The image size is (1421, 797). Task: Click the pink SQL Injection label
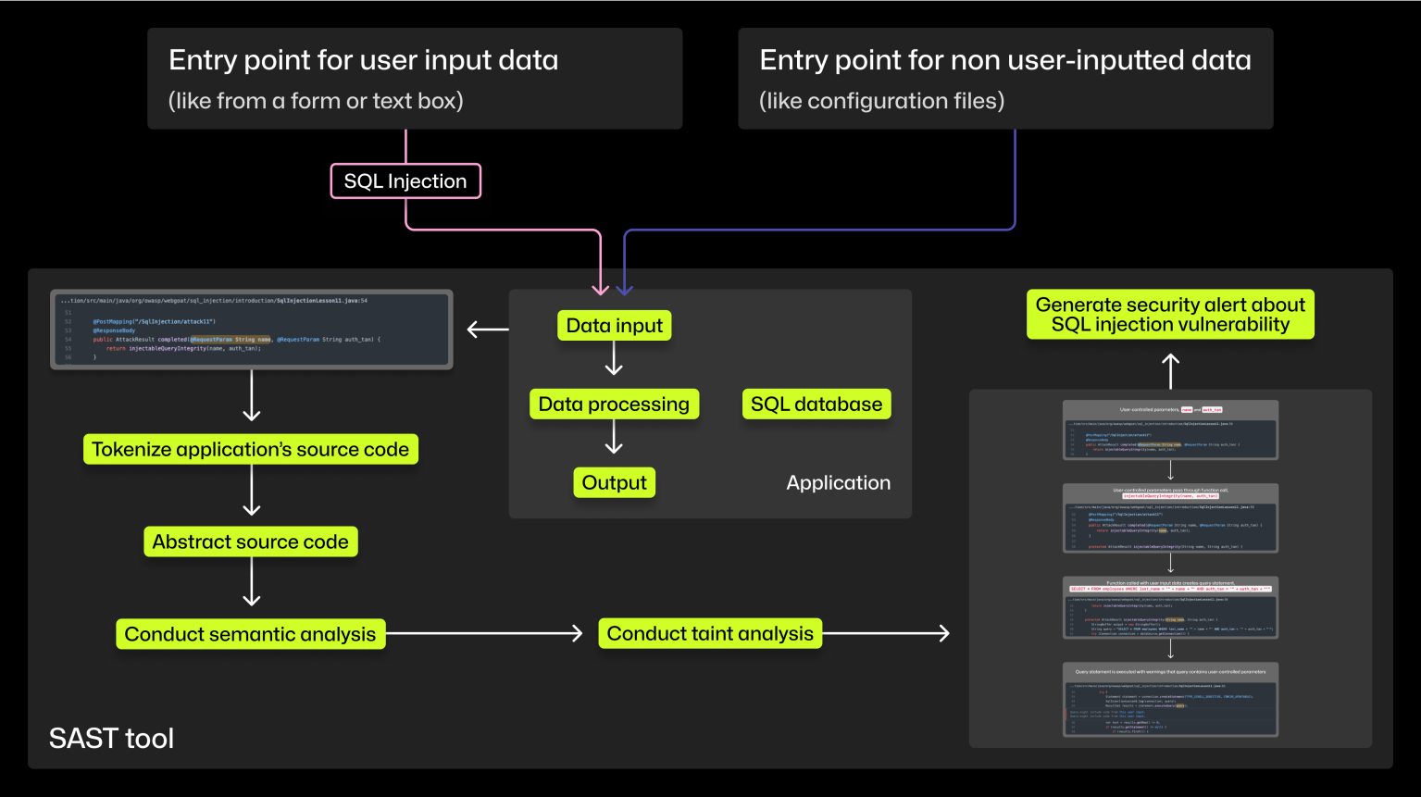[x=405, y=181]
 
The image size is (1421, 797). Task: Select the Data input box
[x=614, y=326]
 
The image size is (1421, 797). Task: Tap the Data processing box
[x=614, y=405]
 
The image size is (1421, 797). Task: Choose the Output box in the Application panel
[x=614, y=483]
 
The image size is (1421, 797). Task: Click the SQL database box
[x=816, y=405]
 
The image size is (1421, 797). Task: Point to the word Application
[x=838, y=483]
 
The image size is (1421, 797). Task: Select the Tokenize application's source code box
[x=250, y=450]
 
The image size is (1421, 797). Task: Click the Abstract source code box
[x=250, y=542]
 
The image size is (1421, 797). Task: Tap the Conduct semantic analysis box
[x=250, y=635]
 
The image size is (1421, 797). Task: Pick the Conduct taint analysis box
[x=710, y=634]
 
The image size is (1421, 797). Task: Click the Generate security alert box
[x=1170, y=315]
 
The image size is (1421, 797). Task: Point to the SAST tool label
[x=111, y=739]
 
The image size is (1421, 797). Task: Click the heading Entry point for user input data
[x=363, y=61]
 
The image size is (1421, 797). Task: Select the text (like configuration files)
[x=881, y=101]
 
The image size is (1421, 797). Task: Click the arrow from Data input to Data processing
[x=614, y=358]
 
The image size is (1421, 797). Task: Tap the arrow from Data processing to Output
[x=614, y=437]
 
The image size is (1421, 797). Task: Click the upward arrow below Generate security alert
[x=1170, y=371]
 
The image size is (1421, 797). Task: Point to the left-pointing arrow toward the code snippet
[x=488, y=330]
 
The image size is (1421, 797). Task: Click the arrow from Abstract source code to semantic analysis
[x=251, y=582]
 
